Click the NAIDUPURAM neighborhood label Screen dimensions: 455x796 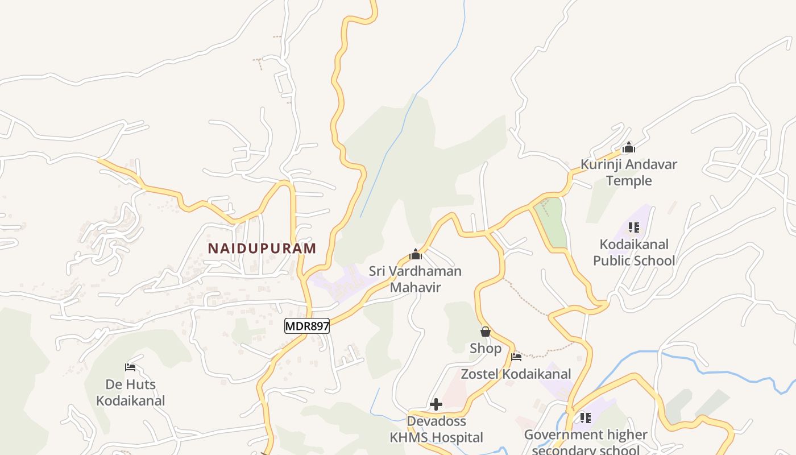[x=262, y=249]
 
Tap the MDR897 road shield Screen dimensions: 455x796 [x=307, y=326]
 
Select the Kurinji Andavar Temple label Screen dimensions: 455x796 [x=628, y=172]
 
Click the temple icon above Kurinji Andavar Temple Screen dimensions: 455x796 [x=628, y=148]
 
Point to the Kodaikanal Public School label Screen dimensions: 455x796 [x=634, y=253]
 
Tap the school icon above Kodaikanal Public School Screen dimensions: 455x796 [x=634, y=227]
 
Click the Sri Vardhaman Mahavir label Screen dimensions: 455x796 [x=415, y=279]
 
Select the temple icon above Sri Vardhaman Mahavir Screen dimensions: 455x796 [x=416, y=254]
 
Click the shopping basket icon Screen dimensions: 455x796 [x=486, y=331]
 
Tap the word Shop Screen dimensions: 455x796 [x=486, y=348]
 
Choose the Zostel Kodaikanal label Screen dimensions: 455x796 [x=516, y=374]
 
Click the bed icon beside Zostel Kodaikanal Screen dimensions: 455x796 [x=516, y=357]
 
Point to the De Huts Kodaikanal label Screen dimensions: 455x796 [x=130, y=392]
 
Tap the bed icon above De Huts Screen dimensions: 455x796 [x=130, y=367]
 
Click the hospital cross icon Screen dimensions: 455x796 [x=436, y=404]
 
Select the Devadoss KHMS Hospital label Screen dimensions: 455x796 [x=436, y=429]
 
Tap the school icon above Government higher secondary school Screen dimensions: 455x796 [x=586, y=418]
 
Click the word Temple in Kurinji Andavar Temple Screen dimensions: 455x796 [x=628, y=181]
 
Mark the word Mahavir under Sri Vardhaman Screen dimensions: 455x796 [x=415, y=287]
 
